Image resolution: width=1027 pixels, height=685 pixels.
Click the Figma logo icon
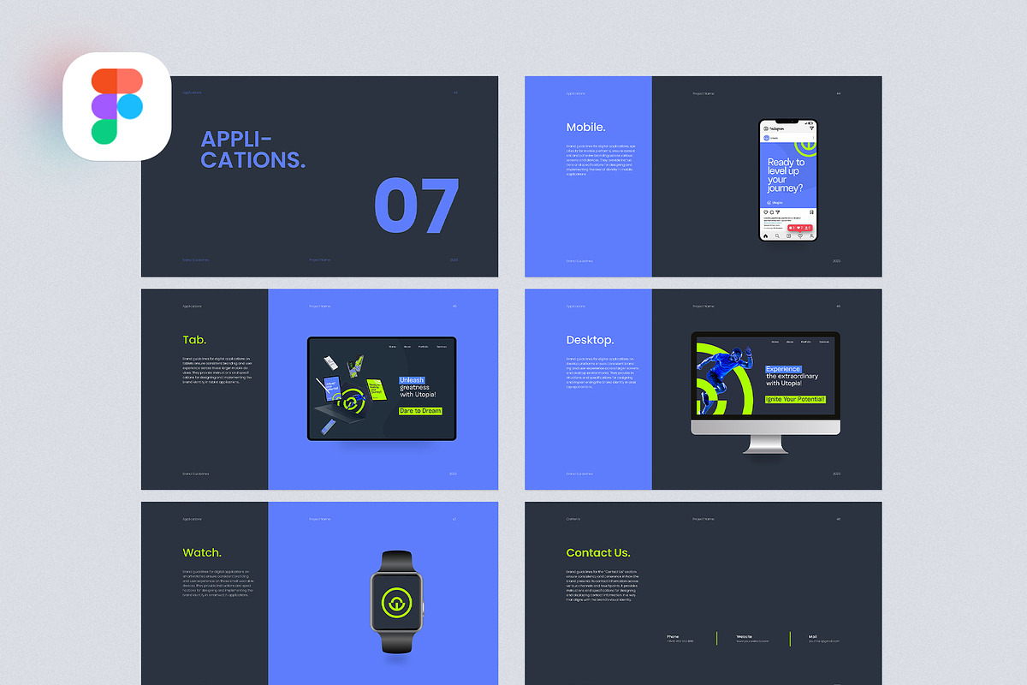116,106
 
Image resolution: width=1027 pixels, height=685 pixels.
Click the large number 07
417,206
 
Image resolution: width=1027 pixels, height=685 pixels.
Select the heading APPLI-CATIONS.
252,149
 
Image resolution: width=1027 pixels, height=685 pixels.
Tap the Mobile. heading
585,127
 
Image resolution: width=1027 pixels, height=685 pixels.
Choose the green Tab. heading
194,340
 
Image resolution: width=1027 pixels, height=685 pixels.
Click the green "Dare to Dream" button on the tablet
420,411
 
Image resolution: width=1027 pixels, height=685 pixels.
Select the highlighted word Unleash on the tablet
413,380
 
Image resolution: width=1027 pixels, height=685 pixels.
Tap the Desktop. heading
590,340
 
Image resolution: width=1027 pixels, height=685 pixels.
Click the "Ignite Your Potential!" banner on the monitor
795,399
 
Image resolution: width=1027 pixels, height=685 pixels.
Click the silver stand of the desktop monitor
766,442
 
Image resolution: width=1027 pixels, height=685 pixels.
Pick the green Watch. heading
202,552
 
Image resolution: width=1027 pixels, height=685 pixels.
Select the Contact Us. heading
598,552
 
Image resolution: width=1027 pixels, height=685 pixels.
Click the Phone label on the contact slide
673,636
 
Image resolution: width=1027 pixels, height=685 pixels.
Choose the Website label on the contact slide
744,636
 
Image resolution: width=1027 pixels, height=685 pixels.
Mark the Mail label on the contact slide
813,636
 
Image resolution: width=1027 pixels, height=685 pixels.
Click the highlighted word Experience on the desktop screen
783,369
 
